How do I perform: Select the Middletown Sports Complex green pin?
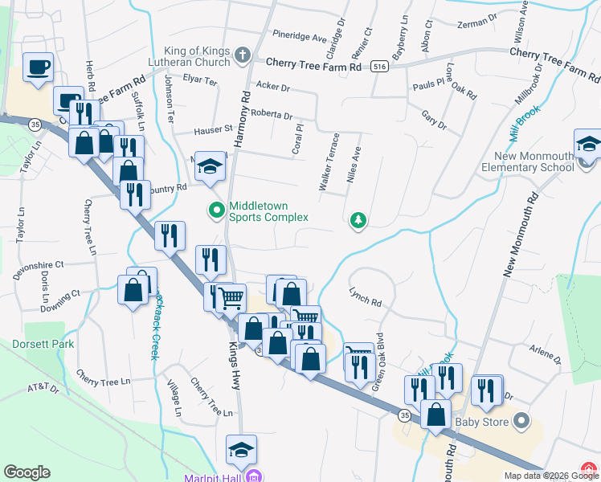(x=216, y=211)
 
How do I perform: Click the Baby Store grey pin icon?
(x=521, y=420)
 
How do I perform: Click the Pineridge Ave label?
(x=299, y=37)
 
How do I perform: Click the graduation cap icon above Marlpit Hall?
(x=241, y=450)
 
